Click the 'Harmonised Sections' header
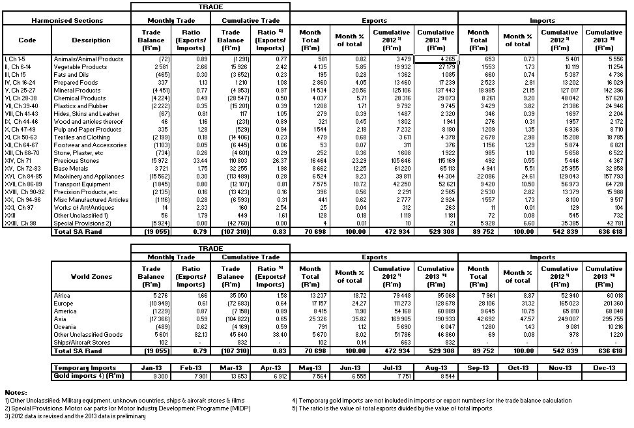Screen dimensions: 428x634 pos(67,20)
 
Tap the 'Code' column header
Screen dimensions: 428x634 pos(27,40)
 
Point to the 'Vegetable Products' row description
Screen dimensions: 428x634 pos(81,66)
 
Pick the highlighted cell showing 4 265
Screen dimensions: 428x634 pos(435,59)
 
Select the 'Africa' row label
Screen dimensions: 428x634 pos(63,295)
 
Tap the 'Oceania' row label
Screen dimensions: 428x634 pos(66,326)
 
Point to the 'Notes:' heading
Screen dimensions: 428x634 pos(14,392)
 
